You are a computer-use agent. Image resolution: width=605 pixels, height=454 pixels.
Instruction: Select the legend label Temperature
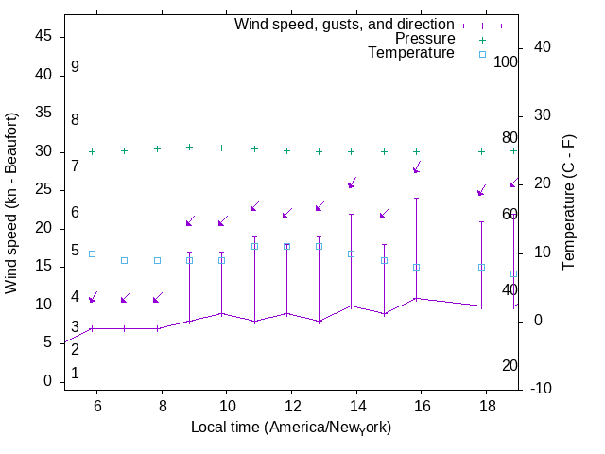tap(411, 53)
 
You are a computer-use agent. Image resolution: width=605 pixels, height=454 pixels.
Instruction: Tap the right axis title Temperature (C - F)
tap(570, 201)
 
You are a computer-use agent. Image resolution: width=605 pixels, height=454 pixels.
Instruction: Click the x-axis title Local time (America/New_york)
tap(291, 428)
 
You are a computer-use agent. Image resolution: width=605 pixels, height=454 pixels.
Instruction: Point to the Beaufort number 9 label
tap(75, 67)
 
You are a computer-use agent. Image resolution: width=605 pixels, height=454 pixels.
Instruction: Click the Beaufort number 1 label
tap(75, 374)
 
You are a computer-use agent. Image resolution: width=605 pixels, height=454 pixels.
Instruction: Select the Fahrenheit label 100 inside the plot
tap(506, 61)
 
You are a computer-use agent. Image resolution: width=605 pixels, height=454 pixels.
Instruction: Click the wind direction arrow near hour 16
tap(417, 167)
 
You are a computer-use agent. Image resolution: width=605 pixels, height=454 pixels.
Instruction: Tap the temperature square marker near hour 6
tap(92, 253)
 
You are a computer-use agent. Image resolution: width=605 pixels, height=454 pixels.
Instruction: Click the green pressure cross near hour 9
tap(189, 147)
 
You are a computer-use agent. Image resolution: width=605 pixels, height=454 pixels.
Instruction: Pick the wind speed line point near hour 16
tap(416, 298)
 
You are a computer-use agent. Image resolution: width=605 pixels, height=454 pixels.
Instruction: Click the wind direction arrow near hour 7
tap(126, 298)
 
